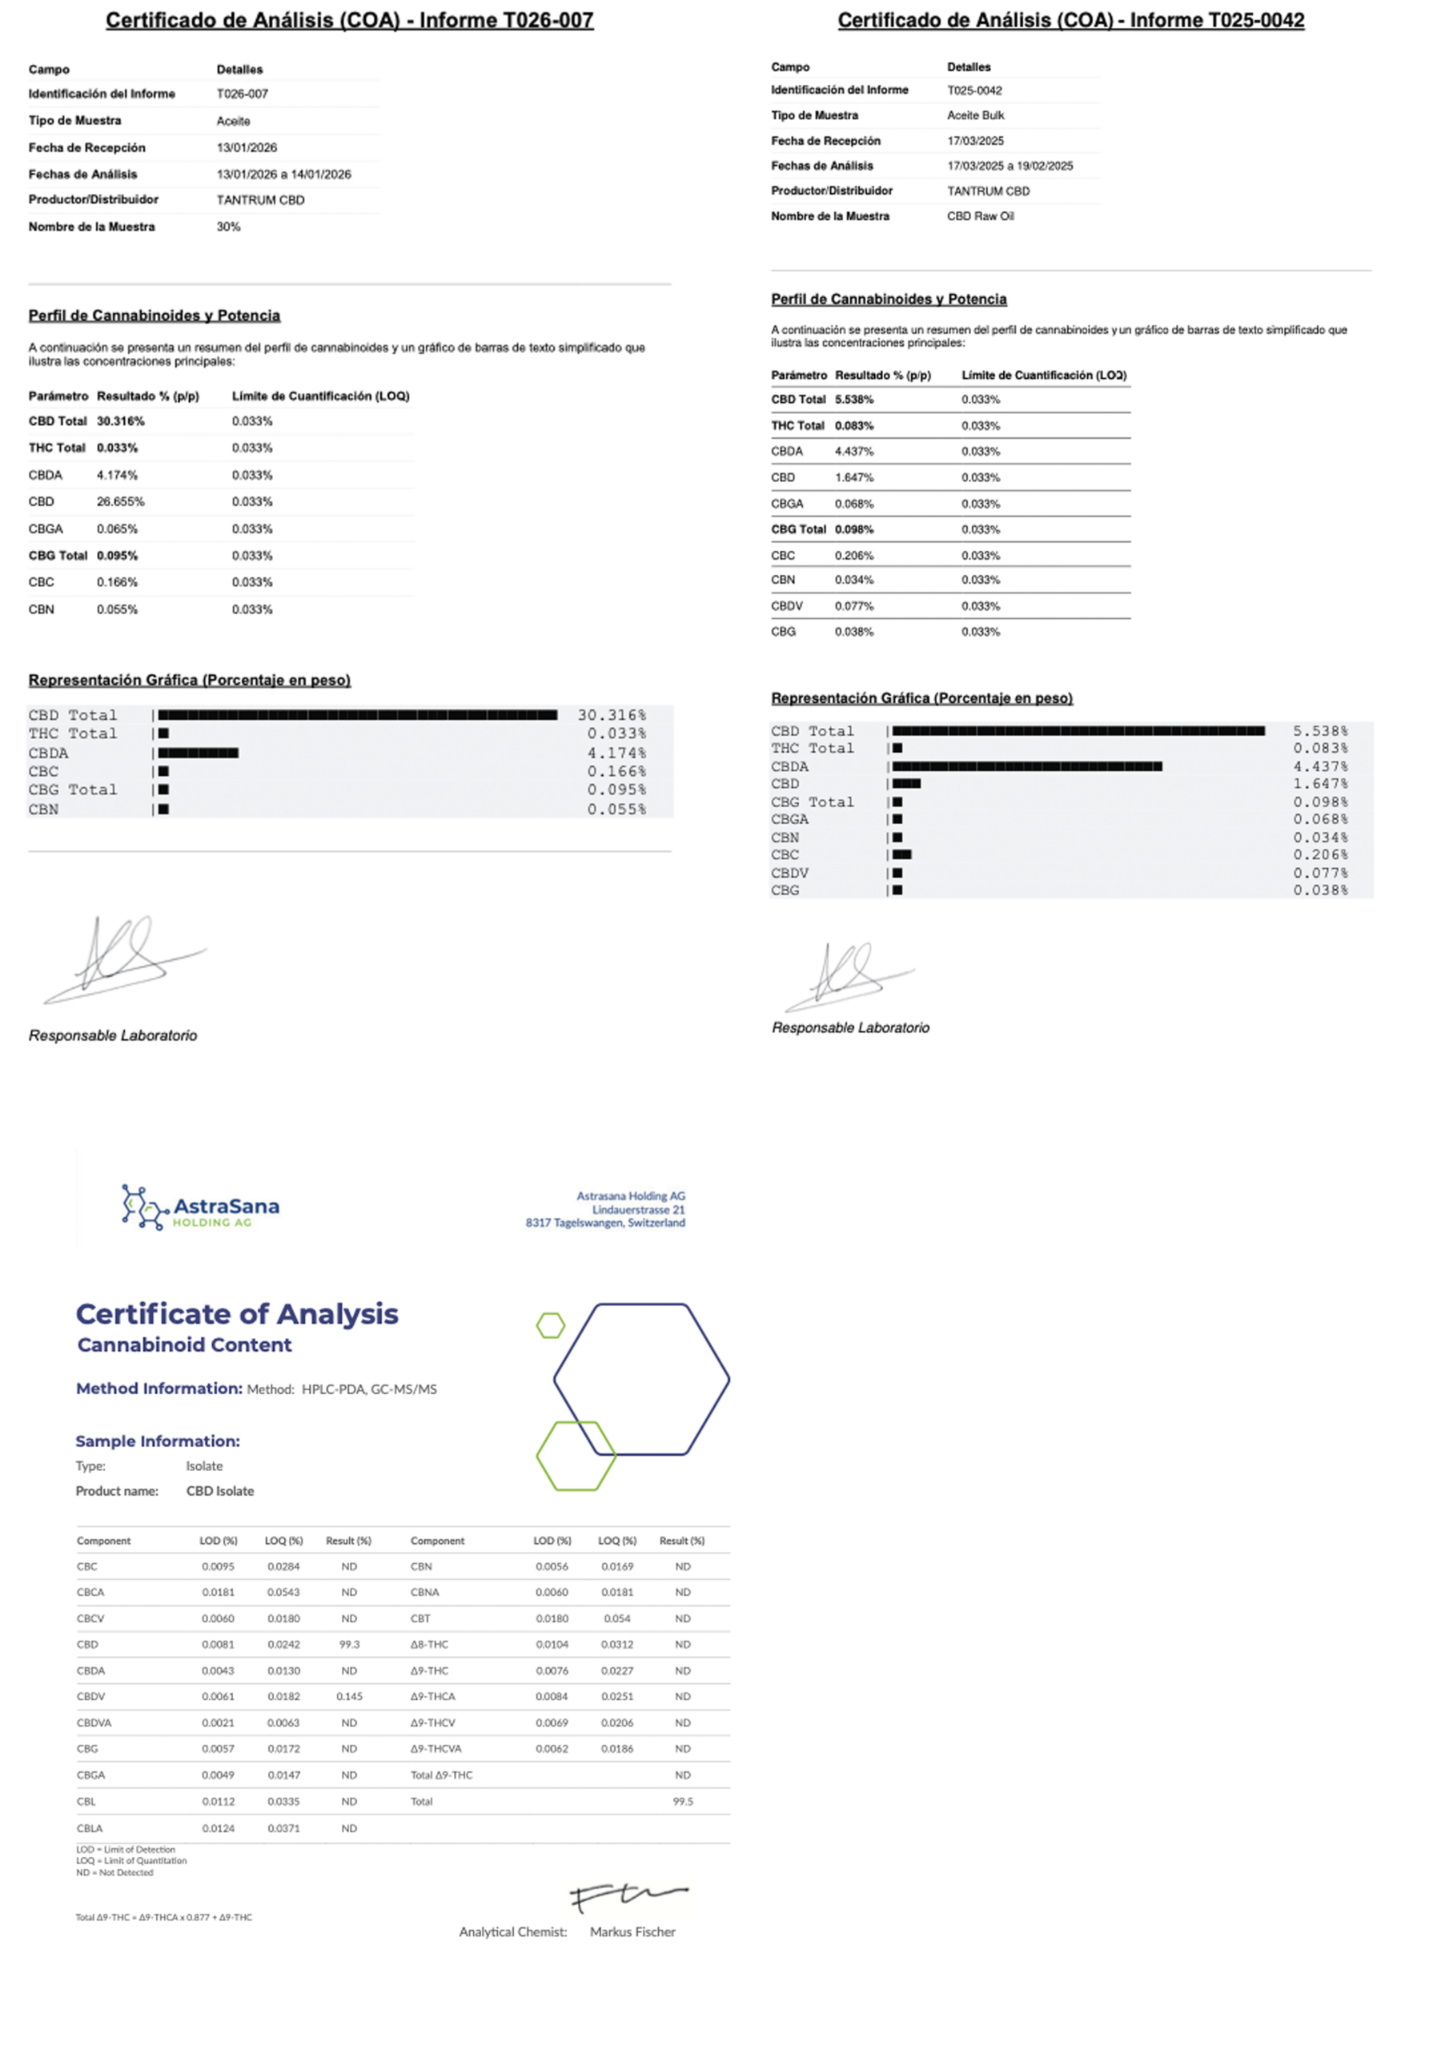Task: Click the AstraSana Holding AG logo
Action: tap(200, 1206)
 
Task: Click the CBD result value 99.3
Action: tap(349, 1644)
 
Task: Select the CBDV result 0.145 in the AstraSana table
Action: tap(349, 1695)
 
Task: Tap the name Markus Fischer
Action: tap(632, 1931)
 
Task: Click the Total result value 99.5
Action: tap(682, 1801)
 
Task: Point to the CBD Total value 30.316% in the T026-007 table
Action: tap(121, 420)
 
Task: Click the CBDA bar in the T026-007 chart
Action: tap(199, 753)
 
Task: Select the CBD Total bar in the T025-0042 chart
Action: tap(1078, 730)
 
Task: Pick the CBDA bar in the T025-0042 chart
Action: tap(1027, 766)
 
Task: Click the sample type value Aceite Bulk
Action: tap(975, 115)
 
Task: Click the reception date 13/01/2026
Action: tap(247, 147)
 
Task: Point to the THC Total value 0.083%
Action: tap(853, 425)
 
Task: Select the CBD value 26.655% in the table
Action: tap(121, 502)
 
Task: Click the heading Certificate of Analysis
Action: tap(237, 1313)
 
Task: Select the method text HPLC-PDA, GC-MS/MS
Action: tap(369, 1389)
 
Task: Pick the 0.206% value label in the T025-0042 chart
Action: tap(1319, 854)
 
